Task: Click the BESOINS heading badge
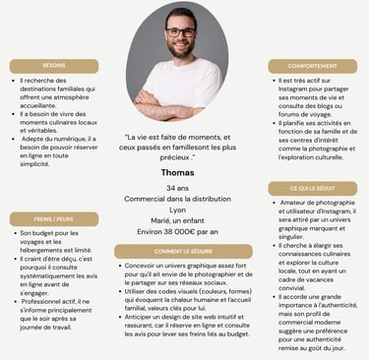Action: (54, 66)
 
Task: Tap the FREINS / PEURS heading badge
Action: (54, 219)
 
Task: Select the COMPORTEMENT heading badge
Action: (312, 66)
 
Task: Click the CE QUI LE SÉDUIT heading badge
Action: (312, 188)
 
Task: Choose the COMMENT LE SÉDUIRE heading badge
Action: (184, 251)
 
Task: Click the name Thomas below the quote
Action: (178, 172)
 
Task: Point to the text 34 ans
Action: (178, 187)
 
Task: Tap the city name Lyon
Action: (178, 210)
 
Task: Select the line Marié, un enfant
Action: (178, 220)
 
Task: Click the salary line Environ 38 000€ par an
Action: (178, 232)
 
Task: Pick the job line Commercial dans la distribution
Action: (178, 199)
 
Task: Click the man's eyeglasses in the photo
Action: (180, 32)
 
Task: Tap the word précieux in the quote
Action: (173, 156)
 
